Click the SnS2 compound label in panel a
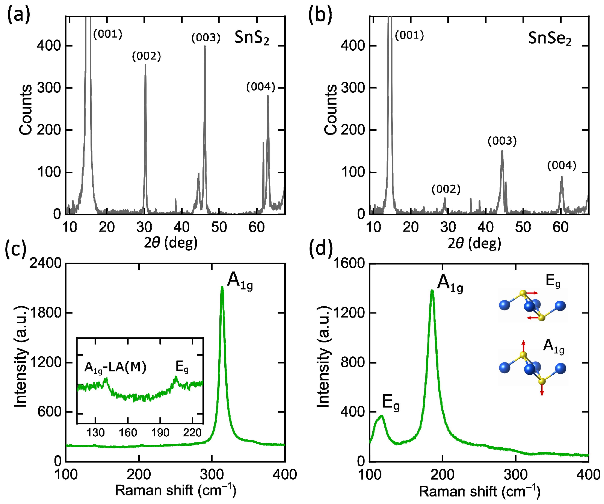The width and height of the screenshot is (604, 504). [252, 38]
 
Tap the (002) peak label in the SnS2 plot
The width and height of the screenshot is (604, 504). [146, 56]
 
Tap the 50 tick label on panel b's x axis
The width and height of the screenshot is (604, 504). [523, 227]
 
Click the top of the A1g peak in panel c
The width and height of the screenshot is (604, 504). [222, 287]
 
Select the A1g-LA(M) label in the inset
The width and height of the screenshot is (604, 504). [115, 368]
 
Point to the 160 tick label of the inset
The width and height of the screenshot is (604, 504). [128, 433]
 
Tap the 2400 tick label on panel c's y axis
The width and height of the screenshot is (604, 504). [46, 263]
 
